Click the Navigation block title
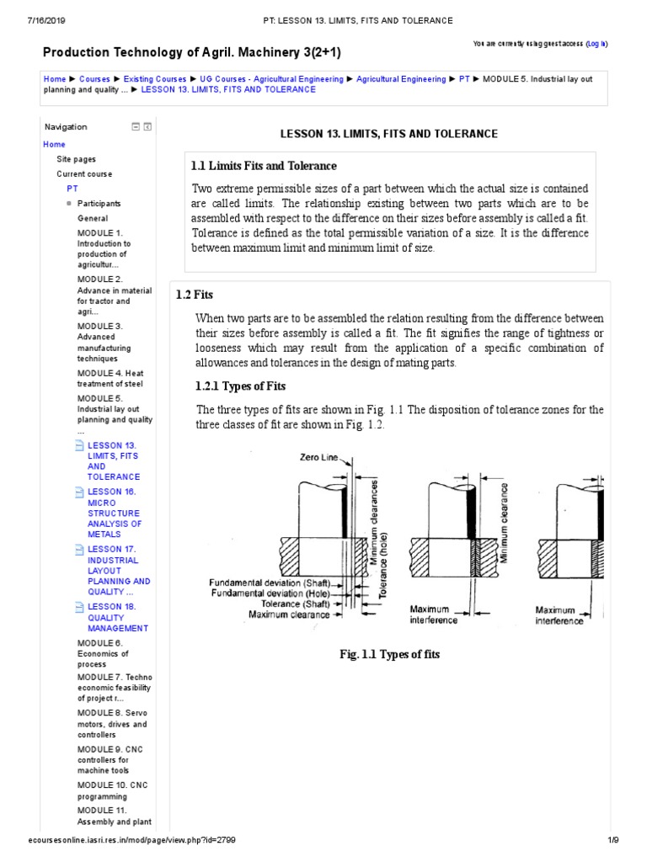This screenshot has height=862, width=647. pos(66,127)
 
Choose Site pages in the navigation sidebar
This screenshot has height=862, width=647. pos(76,159)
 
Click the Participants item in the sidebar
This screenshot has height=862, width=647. pos(99,204)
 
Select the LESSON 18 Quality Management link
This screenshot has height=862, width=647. pos(117,617)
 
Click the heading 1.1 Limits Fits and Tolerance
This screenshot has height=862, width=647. pos(264,166)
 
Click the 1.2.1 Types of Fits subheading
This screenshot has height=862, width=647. pos(241,386)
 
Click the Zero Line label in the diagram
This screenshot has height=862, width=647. pos(318,458)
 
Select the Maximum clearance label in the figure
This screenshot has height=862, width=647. pos(290,615)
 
